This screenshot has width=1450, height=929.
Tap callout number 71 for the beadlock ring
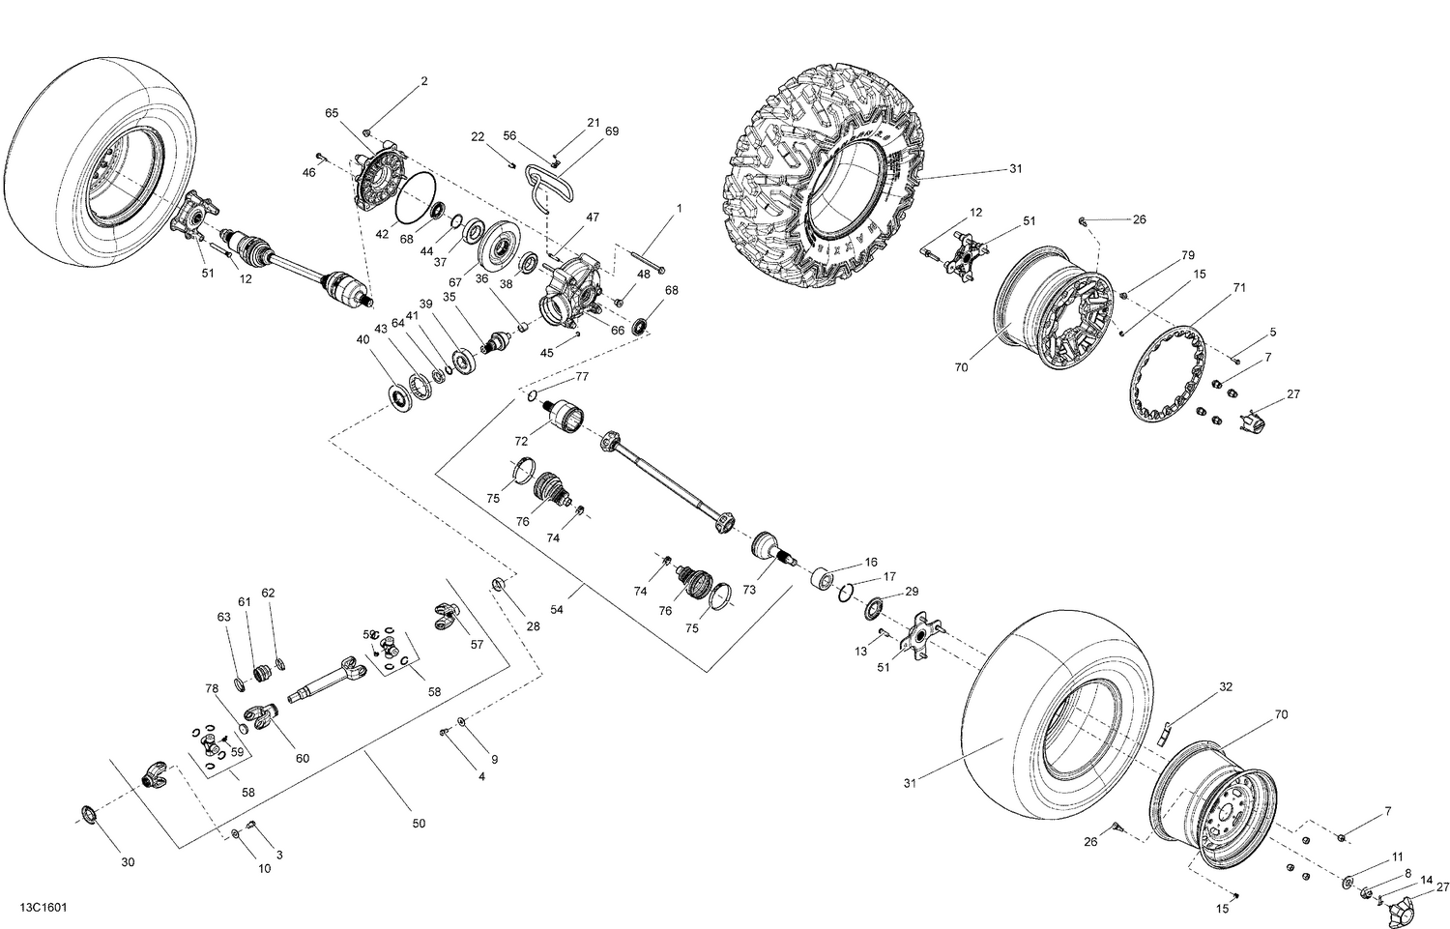pos(1238,289)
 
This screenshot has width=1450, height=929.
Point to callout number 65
pos(332,113)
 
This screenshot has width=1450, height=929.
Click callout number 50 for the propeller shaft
pos(418,824)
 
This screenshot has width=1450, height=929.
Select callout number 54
pos(556,609)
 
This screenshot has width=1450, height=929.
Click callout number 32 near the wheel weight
pos(1225,687)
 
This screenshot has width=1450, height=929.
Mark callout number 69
pos(611,131)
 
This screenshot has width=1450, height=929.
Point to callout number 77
pos(582,376)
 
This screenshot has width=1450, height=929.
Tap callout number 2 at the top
pos(423,82)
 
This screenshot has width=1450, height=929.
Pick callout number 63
pos(223,616)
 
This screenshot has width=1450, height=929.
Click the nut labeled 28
pos(500,583)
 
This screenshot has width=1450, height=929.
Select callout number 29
pos(911,592)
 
